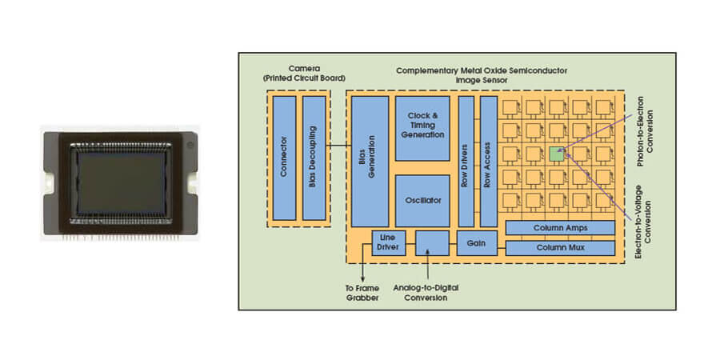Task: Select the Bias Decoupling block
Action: (314, 158)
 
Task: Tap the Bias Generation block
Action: (369, 161)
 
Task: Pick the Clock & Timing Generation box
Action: (422, 129)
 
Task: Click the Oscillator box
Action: (422, 200)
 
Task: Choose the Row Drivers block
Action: (466, 161)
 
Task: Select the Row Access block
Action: (488, 161)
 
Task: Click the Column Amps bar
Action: (560, 228)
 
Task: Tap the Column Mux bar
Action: (560, 248)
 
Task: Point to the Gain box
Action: (477, 242)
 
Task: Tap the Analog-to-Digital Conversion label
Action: (432, 293)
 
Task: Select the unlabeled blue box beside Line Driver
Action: (432, 242)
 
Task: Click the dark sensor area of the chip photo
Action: (122, 180)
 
